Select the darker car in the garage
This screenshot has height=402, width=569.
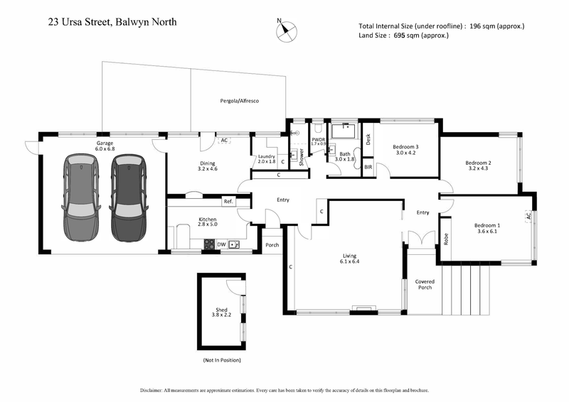pyautogui.click(x=127, y=190)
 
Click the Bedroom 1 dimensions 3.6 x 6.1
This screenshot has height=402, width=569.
pyautogui.click(x=488, y=232)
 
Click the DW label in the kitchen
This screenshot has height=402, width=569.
pyautogui.click(x=222, y=244)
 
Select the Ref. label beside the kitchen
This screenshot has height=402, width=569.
pyautogui.click(x=228, y=202)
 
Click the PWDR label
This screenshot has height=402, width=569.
pyautogui.click(x=318, y=140)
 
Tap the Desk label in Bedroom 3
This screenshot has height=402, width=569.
pyautogui.click(x=368, y=139)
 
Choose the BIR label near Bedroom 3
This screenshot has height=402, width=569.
pyautogui.click(x=368, y=167)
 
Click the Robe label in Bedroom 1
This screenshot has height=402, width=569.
pyautogui.click(x=446, y=239)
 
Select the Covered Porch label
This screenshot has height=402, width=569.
pyautogui.click(x=425, y=285)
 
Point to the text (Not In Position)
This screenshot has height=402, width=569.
pyautogui.click(x=222, y=361)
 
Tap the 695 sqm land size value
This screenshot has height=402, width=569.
pyautogui.click(x=407, y=36)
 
